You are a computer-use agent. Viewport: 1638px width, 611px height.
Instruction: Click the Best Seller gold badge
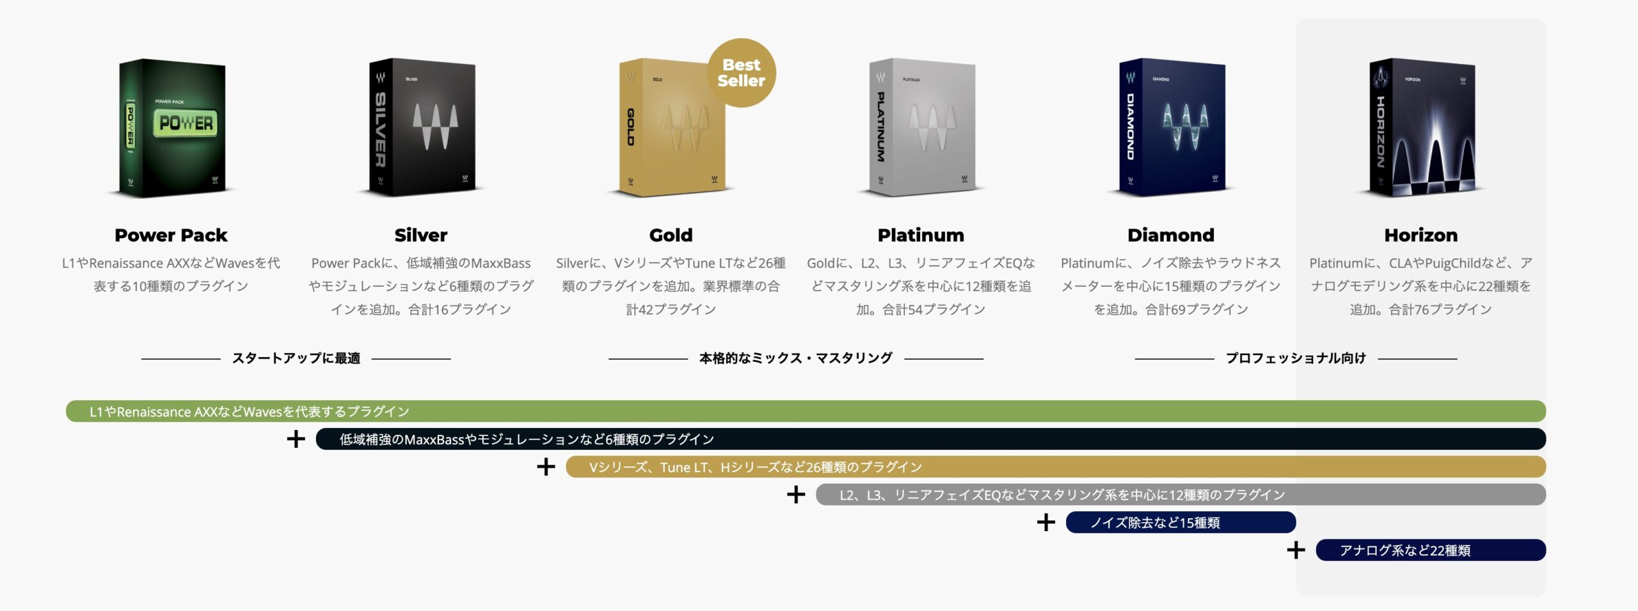point(741,72)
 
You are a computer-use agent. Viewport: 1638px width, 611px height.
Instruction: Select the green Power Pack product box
point(172,128)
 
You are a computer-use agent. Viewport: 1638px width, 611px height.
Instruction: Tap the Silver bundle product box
point(422,128)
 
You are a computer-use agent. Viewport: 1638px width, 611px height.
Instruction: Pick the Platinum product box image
point(922,128)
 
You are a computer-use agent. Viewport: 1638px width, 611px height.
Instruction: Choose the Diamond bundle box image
point(1172,128)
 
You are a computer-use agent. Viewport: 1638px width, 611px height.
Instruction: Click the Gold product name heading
point(671,235)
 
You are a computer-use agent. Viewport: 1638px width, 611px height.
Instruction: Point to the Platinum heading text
point(921,235)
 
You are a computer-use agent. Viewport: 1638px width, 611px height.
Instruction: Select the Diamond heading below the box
point(1171,235)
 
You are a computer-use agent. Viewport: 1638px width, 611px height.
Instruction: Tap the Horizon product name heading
point(1421,235)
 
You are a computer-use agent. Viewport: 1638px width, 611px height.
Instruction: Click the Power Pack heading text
point(171,235)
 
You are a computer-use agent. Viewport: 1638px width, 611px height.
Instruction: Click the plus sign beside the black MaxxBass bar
point(296,439)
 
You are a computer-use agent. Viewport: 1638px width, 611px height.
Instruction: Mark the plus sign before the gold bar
point(546,466)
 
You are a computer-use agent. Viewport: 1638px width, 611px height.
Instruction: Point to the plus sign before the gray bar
point(796,495)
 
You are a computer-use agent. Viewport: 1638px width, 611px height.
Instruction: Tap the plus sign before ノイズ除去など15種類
point(1046,522)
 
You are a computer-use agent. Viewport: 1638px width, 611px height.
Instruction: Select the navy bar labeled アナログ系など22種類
point(1431,550)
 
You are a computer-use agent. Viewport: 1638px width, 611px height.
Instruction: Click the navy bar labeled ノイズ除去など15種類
point(1181,522)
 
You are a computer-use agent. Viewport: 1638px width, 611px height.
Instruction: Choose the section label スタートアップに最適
point(296,358)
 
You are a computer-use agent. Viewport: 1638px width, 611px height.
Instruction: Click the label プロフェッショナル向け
point(1296,358)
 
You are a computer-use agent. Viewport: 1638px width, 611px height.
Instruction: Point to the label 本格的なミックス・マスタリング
point(796,358)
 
